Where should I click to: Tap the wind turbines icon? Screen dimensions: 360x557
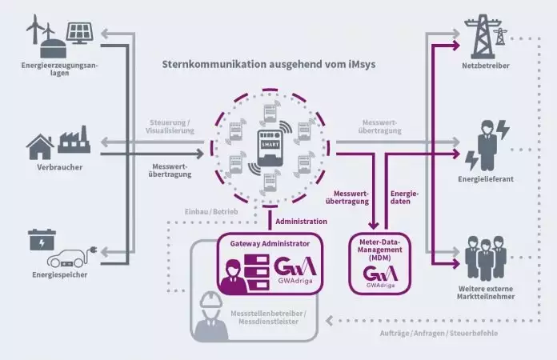[x=39, y=33]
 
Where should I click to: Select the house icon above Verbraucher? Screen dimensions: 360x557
[x=39, y=146]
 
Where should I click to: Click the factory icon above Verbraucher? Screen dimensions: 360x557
[x=73, y=144]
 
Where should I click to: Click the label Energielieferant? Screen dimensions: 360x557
[x=485, y=179]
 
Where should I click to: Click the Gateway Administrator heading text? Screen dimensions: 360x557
[x=264, y=241]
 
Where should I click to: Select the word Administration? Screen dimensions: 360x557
[x=301, y=221]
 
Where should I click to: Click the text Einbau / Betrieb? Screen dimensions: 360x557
[x=205, y=210]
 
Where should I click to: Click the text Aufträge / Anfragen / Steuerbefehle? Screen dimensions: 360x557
[x=431, y=332]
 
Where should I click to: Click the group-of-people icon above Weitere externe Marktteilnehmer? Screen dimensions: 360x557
[x=485, y=255]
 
